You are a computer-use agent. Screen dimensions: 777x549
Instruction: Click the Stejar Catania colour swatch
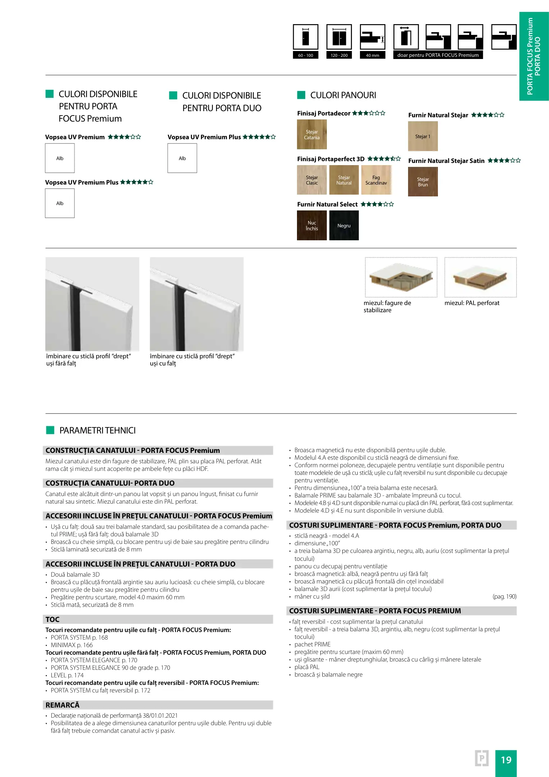tap(312, 135)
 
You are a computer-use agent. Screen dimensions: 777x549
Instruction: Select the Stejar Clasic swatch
tap(312, 180)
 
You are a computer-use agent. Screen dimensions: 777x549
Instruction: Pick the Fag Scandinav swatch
tap(376, 180)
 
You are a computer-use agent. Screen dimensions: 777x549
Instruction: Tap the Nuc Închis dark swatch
tap(312, 226)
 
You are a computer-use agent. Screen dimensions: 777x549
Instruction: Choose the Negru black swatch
tap(344, 226)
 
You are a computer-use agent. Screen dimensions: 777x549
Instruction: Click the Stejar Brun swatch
tap(423, 182)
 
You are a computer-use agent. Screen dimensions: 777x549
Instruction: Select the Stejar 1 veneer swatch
tap(423, 136)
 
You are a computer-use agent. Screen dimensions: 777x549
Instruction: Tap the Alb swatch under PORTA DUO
tap(182, 158)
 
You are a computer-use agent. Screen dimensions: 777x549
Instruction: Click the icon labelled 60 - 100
tap(306, 37)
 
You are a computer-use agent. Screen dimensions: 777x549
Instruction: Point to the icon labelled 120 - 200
tap(339, 37)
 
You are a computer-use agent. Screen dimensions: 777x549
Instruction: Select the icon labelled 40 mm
tap(372, 37)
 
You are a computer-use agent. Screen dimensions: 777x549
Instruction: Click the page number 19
tap(506, 760)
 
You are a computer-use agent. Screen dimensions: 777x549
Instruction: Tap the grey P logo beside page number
tap(482, 758)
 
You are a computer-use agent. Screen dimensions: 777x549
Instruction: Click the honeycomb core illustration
tap(401, 277)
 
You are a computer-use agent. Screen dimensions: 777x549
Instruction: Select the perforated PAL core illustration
tap(480, 277)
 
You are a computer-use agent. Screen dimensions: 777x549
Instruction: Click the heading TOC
tap(52, 619)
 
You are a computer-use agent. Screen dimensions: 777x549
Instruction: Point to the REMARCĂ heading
tap(63, 705)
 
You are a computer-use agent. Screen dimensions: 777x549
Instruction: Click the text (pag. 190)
tap(504, 596)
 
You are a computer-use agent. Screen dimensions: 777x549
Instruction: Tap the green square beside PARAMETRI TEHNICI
tap(50, 430)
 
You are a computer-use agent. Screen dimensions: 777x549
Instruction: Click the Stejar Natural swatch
tap(344, 180)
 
